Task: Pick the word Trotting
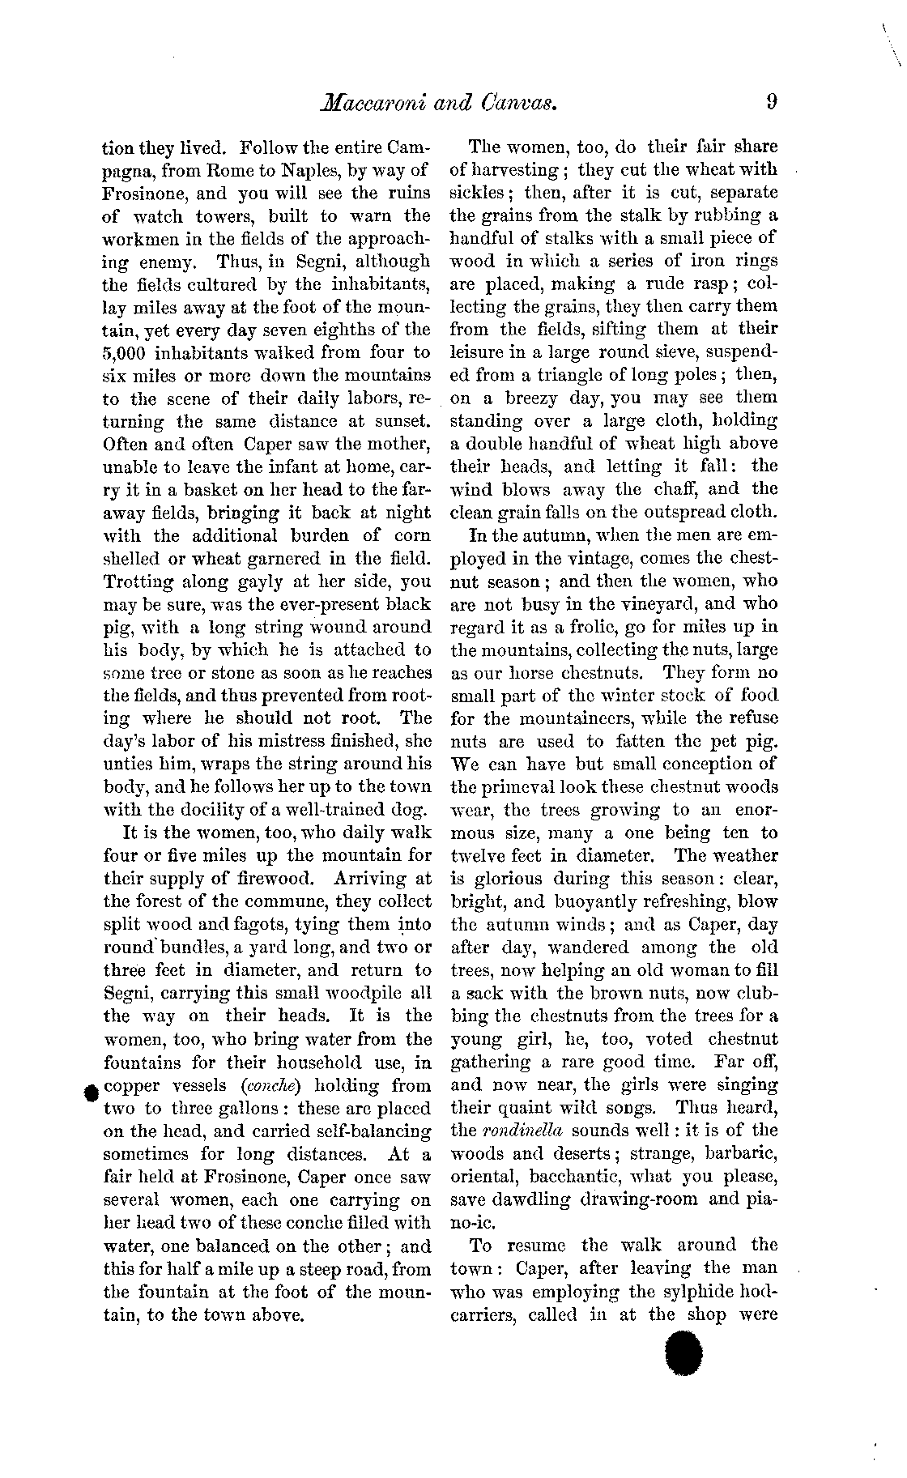click(135, 581)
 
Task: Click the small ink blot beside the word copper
click(91, 1093)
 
